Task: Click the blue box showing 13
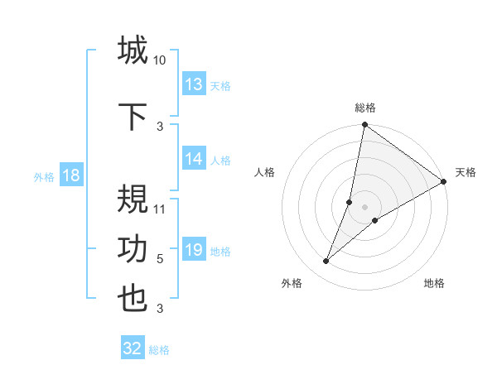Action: (194, 84)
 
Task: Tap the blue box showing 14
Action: (194, 160)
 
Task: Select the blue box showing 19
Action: (194, 251)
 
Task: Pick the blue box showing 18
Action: (70, 175)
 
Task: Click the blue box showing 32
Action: (133, 348)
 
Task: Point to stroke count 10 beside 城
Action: (160, 60)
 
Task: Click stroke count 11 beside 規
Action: (160, 209)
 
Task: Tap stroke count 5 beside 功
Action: (160, 259)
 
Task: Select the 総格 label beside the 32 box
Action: (159, 350)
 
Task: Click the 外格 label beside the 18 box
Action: (44, 177)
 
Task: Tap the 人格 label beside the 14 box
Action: (220, 161)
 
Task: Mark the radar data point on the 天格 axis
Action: (444, 182)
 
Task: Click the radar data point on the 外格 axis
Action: (326, 262)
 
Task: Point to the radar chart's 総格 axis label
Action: (365, 108)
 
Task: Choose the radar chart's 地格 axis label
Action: (434, 284)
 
